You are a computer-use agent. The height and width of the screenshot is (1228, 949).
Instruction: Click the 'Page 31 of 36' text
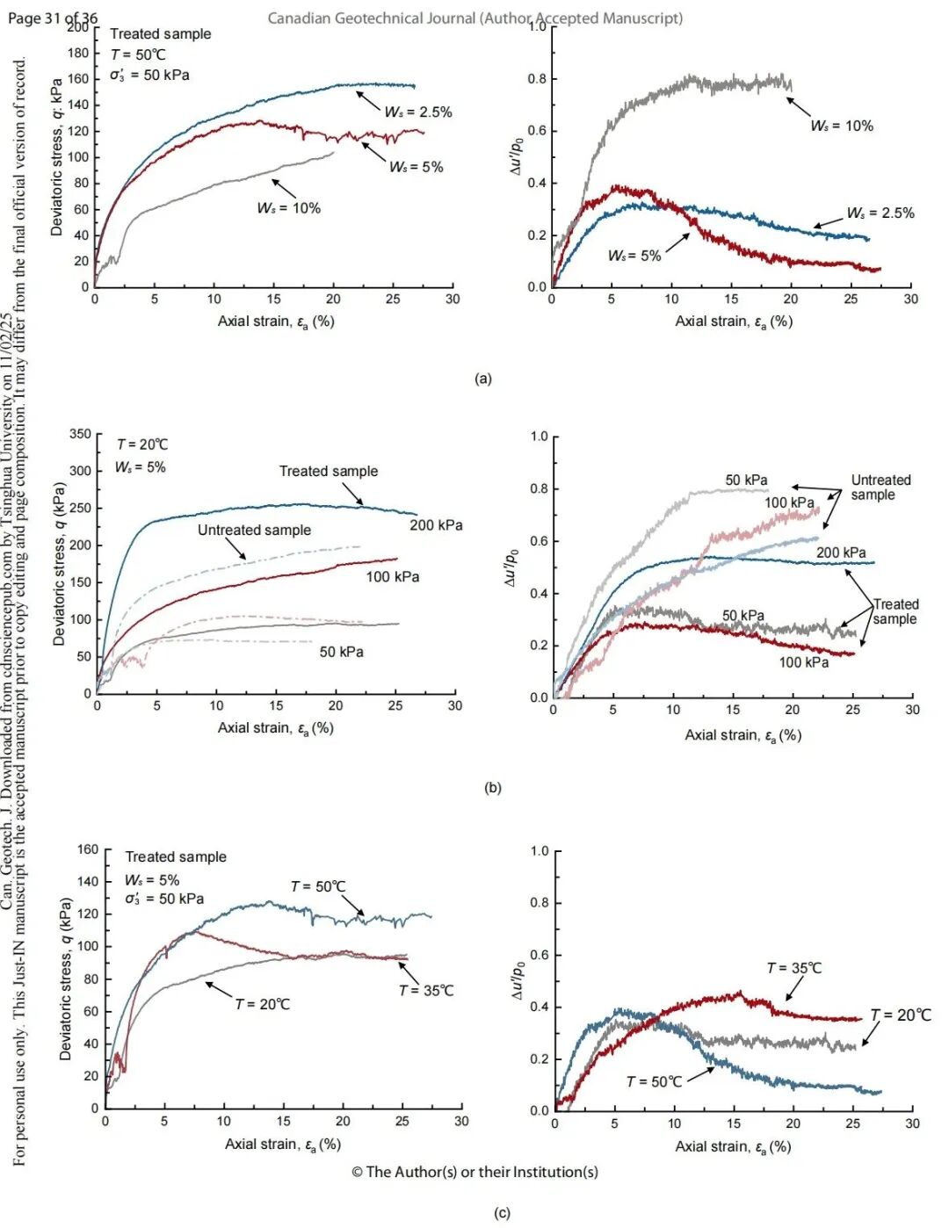point(53,18)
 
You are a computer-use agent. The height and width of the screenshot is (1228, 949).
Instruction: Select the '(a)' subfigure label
point(482,379)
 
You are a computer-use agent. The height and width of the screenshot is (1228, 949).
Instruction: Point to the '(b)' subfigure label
point(492,787)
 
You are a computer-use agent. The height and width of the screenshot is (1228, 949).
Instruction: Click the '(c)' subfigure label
point(502,1213)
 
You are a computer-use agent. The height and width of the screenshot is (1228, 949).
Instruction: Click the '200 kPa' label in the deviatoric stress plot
point(436,525)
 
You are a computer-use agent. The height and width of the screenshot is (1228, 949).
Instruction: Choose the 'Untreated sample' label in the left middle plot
point(254,530)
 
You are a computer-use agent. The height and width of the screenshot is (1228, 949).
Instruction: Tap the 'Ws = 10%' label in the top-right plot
point(842,126)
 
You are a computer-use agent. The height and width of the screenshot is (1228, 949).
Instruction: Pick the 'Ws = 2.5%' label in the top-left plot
point(418,112)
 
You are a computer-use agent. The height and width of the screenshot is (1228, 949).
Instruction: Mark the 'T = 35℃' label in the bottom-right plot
point(794,968)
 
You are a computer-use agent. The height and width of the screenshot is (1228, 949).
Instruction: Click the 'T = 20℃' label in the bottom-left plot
point(262,1004)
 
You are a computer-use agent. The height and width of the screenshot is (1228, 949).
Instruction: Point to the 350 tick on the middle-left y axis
point(80,434)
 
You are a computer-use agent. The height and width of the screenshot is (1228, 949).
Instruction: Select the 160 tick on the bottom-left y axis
point(88,849)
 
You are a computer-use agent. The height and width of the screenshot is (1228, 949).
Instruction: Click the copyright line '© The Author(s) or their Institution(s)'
point(474,1172)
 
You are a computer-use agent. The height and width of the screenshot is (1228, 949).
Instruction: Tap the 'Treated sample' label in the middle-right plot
point(895,611)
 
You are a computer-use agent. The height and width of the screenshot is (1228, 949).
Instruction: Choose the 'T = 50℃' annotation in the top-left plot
point(139,54)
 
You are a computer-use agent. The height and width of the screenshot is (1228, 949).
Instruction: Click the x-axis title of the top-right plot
point(733,321)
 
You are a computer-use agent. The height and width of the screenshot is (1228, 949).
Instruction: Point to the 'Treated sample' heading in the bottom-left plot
point(176,856)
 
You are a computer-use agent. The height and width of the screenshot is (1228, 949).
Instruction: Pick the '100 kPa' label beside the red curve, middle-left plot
point(392,577)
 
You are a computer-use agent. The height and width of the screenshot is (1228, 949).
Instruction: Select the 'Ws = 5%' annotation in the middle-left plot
point(141,467)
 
